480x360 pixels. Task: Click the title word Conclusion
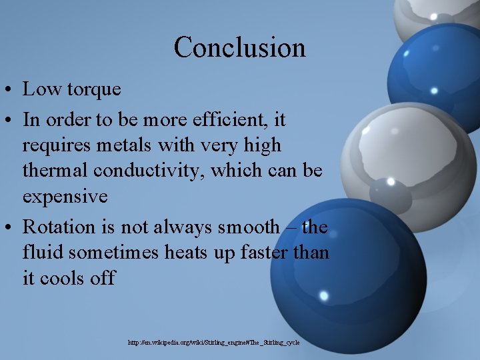239,47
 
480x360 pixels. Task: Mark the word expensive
65,196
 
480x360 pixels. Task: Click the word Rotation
59,227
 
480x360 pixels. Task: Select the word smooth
249,227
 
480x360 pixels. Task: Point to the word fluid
42,253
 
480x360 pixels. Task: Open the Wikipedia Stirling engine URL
214,342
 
